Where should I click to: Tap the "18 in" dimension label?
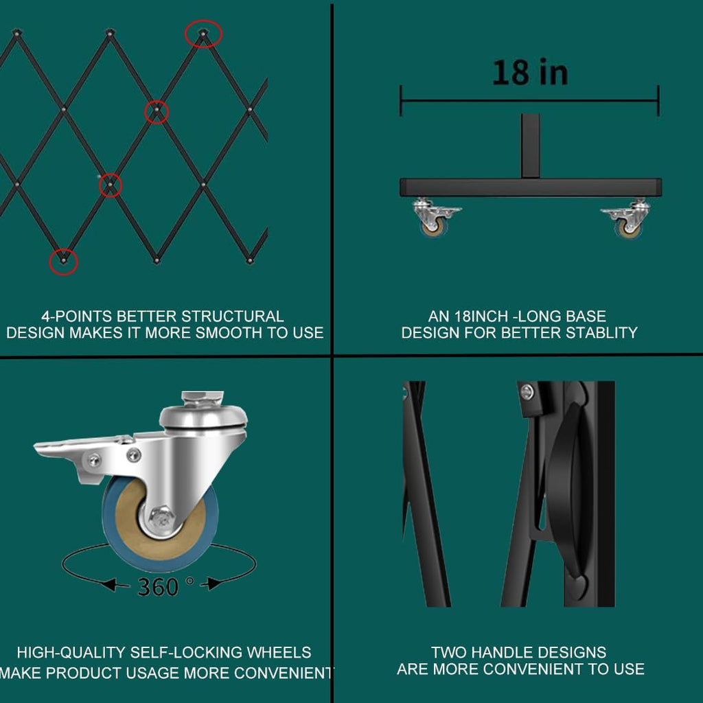[530, 72]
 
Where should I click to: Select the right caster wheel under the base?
[627, 219]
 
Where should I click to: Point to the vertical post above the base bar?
[530, 146]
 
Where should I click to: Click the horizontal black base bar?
[531, 187]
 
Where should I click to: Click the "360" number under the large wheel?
[158, 586]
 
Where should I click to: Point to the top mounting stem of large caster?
[203, 397]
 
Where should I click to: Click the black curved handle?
[569, 489]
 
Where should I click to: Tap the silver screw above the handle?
[527, 392]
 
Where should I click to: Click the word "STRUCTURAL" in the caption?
[232, 316]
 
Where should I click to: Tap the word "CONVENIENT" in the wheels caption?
[283, 673]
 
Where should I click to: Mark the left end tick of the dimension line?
[401, 101]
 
